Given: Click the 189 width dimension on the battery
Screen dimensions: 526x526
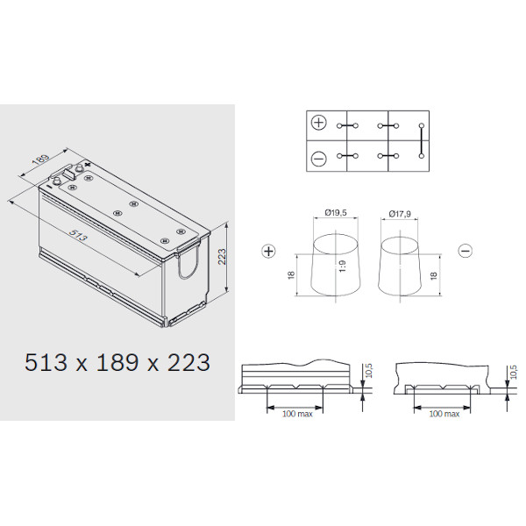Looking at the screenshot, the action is pos(41,160).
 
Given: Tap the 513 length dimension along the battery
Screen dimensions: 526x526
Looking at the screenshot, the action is pos(78,235).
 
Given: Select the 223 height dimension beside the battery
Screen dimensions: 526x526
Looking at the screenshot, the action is pos(222,257).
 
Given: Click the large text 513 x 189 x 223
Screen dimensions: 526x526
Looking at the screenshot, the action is pos(117,363).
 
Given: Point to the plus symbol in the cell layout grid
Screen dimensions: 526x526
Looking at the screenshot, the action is pos(319,123).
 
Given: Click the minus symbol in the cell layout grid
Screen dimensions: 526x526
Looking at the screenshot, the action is pos(319,159).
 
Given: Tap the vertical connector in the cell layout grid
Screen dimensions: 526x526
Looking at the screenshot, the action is pos(422,141).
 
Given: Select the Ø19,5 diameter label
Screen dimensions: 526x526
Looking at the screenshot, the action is pos(336,212).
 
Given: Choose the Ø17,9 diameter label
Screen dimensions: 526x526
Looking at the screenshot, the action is pos(400,214).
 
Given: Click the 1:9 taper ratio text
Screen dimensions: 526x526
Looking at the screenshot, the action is pos(342,267).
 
